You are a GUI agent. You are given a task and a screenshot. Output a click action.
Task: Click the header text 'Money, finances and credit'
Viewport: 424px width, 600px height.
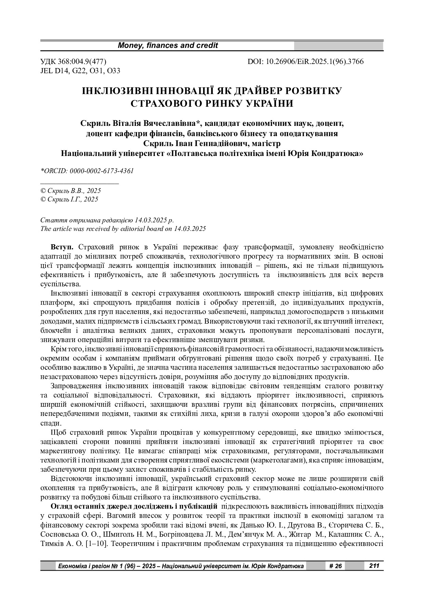click(x=168, y=45)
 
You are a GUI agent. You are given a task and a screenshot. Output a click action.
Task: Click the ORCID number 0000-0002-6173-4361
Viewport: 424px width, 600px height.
click(x=102, y=171)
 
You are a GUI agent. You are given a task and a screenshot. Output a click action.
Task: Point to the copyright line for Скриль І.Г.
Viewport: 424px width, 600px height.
click(x=69, y=199)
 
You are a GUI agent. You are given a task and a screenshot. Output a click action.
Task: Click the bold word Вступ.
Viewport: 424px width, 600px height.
click(x=62, y=247)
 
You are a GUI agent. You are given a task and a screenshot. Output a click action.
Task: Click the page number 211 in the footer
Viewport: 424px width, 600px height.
click(x=374, y=566)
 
